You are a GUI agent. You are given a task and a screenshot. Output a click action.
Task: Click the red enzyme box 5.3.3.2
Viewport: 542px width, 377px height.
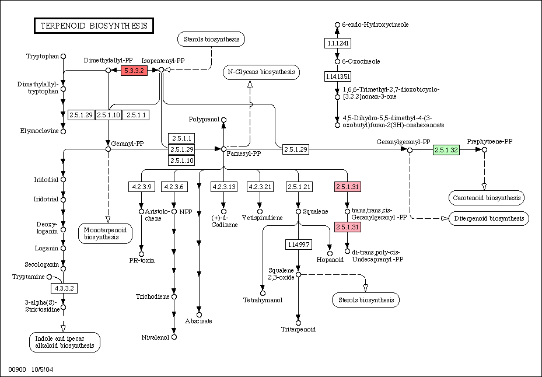133,71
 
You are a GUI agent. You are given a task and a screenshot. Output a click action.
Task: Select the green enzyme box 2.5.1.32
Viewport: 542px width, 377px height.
446,150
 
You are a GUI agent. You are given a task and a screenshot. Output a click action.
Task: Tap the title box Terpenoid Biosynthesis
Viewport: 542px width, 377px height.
93,26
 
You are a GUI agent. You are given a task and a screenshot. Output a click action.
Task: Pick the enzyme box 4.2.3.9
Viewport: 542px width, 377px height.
141,187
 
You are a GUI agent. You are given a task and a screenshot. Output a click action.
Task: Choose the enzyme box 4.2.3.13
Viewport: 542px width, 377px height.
223,187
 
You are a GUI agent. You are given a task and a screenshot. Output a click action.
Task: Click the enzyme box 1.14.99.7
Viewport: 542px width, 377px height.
298,244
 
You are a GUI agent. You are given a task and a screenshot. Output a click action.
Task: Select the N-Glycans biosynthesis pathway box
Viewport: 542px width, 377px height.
261,72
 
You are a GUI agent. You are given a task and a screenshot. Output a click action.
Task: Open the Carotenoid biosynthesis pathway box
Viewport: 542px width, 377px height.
487,198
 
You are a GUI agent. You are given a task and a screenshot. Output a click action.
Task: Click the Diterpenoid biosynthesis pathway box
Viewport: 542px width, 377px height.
488,218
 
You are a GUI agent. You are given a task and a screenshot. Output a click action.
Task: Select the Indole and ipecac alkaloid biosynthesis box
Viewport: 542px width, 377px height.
65,341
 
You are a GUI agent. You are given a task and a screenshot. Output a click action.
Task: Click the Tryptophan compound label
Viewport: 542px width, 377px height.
43,56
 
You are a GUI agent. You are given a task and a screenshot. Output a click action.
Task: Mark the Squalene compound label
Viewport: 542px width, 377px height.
316,211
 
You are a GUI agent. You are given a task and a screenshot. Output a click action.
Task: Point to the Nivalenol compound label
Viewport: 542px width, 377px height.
155,337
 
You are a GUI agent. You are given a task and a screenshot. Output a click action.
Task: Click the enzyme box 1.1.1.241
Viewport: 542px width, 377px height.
337,43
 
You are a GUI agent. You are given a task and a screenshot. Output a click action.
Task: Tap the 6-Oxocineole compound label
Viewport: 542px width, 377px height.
361,61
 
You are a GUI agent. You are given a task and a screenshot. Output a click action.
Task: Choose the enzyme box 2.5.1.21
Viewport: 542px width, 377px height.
298,187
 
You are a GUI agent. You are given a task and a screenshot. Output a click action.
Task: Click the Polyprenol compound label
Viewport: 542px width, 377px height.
203,119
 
